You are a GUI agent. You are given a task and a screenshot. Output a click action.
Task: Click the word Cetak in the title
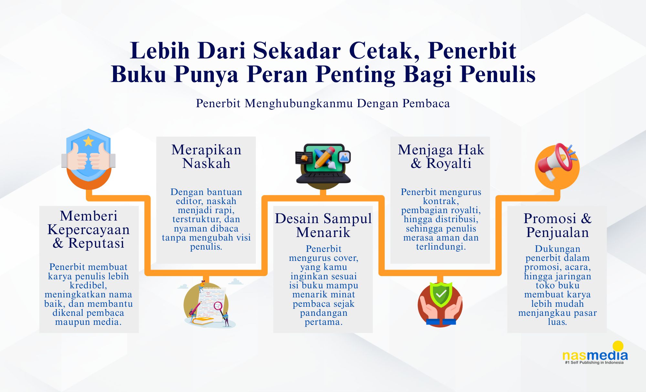384,51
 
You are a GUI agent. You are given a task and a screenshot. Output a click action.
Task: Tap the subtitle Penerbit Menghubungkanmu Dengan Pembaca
323,103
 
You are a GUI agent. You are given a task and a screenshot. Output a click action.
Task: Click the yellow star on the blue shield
88,141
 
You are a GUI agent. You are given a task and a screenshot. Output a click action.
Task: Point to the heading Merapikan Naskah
206,157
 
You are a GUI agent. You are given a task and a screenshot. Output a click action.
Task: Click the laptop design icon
323,165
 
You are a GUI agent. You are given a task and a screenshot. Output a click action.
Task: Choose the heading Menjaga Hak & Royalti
441,157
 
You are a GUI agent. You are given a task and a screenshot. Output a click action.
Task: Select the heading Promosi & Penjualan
557,225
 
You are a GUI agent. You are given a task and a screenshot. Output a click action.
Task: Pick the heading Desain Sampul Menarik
323,225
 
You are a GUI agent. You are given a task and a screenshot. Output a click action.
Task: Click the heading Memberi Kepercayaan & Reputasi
89,230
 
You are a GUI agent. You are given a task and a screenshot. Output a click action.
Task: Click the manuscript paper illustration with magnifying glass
209,305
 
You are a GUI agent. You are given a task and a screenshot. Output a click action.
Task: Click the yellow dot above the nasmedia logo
618,346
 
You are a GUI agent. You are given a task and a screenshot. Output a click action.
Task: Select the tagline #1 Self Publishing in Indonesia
594,363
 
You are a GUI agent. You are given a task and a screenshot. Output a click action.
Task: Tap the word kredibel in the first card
88,285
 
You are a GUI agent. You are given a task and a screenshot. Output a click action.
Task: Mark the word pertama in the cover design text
323,322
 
